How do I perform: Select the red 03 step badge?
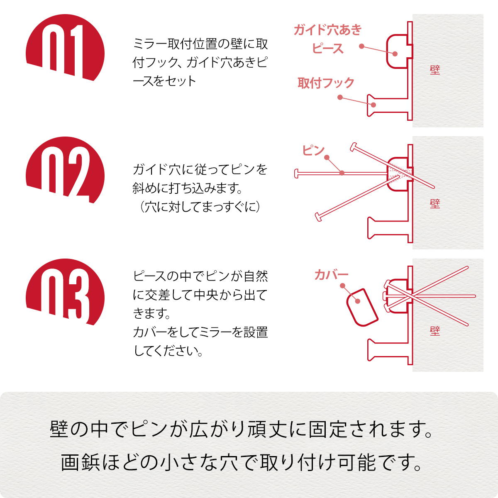(65, 293)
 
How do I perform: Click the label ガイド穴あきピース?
(328, 39)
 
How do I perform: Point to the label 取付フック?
(326, 83)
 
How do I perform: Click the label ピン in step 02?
(313, 150)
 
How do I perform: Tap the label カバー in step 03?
(331, 275)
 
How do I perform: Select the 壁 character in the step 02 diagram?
(435, 203)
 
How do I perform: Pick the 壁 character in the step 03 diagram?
(435, 331)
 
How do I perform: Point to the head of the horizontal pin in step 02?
(296, 173)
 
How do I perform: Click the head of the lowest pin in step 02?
(318, 217)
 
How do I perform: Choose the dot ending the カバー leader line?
(343, 286)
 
